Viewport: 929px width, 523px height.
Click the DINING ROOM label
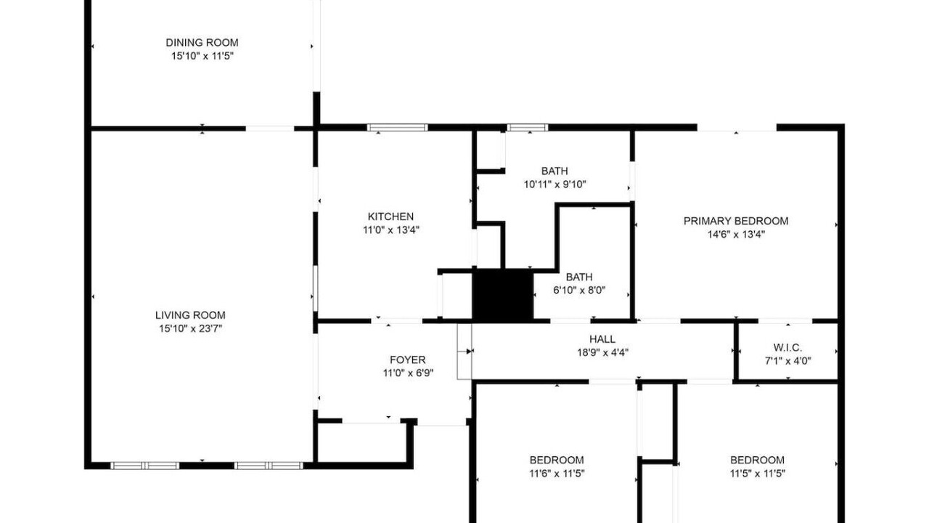point(202,42)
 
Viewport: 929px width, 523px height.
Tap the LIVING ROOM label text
point(190,315)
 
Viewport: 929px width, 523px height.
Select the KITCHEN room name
point(390,216)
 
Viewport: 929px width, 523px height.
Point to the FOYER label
point(408,360)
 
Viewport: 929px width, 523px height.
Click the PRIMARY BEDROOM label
point(736,221)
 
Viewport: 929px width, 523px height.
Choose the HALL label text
point(602,339)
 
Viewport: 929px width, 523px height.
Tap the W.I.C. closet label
point(787,347)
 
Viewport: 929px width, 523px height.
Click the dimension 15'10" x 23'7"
point(191,328)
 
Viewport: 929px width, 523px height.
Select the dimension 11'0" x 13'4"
point(391,230)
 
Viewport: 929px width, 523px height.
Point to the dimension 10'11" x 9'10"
point(555,184)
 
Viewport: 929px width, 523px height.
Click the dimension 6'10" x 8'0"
point(579,290)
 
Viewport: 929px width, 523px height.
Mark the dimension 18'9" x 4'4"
point(602,352)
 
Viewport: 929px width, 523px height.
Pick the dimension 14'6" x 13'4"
point(736,234)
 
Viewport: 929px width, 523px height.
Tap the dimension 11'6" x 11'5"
point(557,473)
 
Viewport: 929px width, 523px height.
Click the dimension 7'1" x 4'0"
point(788,361)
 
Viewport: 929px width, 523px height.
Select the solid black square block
point(503,295)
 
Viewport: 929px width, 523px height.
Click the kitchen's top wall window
point(397,127)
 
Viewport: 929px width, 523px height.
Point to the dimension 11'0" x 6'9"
point(408,373)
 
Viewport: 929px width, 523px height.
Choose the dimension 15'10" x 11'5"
point(202,56)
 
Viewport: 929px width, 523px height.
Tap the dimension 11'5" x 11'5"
point(758,473)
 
